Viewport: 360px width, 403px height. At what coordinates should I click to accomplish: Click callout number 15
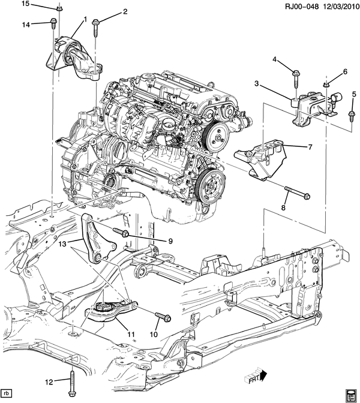tap(25, 4)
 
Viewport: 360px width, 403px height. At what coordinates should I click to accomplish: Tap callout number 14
tap(26, 25)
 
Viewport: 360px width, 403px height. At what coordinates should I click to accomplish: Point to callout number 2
tap(125, 11)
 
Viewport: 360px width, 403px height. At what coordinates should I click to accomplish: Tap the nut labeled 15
tap(59, 8)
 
